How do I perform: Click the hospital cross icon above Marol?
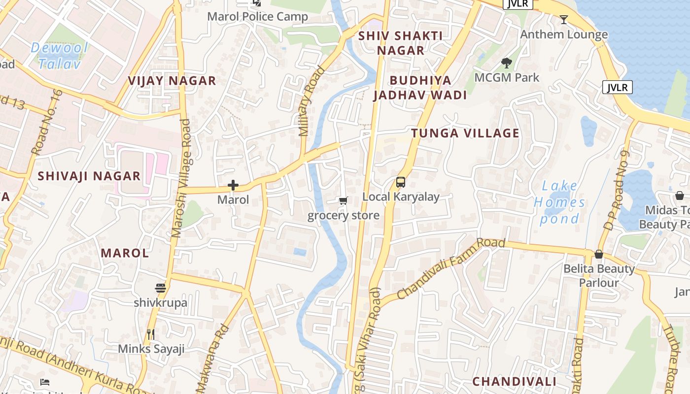click(x=233, y=185)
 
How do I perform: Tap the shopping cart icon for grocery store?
click(x=343, y=200)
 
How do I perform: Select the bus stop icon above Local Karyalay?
click(x=401, y=182)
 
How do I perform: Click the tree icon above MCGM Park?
click(x=506, y=63)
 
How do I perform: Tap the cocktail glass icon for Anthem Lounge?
click(x=564, y=20)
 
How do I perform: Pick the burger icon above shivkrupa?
click(x=160, y=288)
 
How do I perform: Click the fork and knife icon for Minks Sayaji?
click(x=151, y=334)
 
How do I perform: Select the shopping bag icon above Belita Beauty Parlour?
click(x=599, y=254)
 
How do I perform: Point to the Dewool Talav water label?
click(x=59, y=55)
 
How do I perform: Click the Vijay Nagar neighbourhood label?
click(x=172, y=81)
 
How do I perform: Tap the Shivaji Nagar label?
click(x=89, y=176)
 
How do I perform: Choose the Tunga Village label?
click(x=465, y=133)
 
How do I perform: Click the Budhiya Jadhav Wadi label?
click(x=420, y=88)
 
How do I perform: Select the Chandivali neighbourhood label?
click(x=514, y=382)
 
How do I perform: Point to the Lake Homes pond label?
click(x=559, y=202)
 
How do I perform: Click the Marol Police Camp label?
click(x=257, y=17)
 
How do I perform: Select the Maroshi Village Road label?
click(x=181, y=178)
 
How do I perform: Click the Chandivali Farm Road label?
click(x=451, y=268)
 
